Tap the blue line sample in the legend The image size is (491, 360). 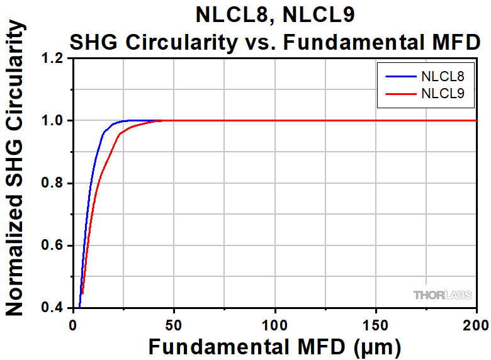[x=398, y=77]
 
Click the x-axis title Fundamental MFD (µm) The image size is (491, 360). [x=274, y=346]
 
